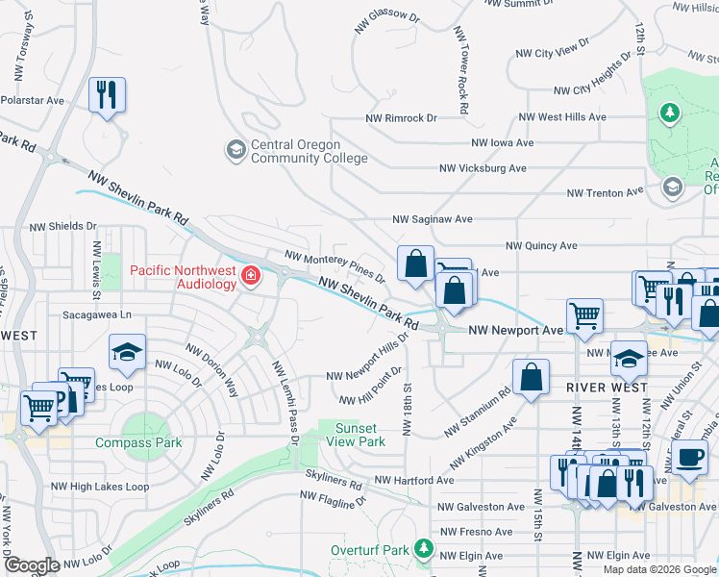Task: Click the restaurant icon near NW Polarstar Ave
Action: pyautogui.click(x=106, y=95)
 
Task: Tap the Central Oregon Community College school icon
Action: pyautogui.click(x=236, y=150)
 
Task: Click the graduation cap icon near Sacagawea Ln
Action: pyautogui.click(x=126, y=353)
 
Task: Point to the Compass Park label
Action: pyautogui.click(x=138, y=442)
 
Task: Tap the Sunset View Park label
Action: pyautogui.click(x=359, y=435)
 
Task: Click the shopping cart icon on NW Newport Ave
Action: pyautogui.click(x=584, y=314)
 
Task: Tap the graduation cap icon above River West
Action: pyautogui.click(x=629, y=358)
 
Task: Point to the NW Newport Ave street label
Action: pyautogui.click(x=515, y=330)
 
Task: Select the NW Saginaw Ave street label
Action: pyautogui.click(x=432, y=219)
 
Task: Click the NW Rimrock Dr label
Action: pyautogui.click(x=401, y=118)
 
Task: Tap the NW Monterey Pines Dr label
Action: pyautogui.click(x=335, y=267)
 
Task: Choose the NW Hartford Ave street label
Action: pyautogui.click(x=413, y=480)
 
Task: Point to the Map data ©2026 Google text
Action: pyautogui.click(x=658, y=569)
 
